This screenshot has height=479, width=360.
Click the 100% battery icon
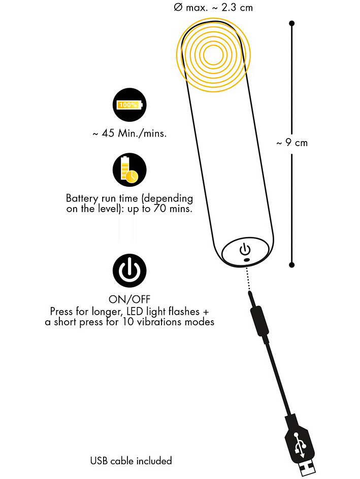coord(129,105)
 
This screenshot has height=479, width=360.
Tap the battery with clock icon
coord(129,170)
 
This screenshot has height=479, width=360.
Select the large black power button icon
coord(129,270)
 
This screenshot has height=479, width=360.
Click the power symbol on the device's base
coord(245,249)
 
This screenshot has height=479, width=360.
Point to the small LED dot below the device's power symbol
coord(246,260)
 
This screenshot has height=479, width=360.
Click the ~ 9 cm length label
coord(292,143)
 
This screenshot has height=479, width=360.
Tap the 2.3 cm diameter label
coord(213,8)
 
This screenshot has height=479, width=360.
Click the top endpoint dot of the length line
coord(291,23)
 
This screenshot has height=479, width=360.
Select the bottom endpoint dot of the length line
coord(291,265)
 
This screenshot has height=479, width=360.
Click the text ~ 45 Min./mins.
coord(129,133)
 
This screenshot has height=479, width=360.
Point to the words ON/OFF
coord(129,299)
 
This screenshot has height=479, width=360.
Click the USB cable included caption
coord(131,461)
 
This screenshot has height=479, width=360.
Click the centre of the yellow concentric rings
coord(213,55)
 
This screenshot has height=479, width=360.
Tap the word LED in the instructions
coord(135,312)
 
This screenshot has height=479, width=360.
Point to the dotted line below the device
coord(248,278)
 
